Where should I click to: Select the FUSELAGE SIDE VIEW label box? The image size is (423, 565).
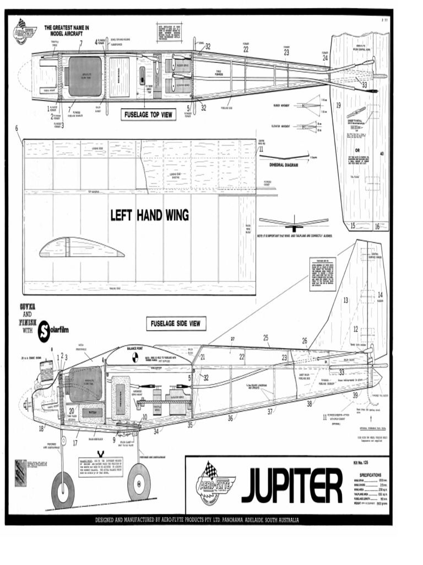point(175,324)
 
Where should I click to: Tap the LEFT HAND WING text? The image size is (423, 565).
point(149,215)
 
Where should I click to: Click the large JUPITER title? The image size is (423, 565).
point(291,486)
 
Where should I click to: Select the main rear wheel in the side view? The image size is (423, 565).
point(139,481)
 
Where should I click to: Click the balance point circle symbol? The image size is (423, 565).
point(134,359)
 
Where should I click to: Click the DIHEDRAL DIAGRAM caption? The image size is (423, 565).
point(286,164)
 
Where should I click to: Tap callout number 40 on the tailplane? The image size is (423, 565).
point(382,153)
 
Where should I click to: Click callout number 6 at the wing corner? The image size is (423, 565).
point(17,128)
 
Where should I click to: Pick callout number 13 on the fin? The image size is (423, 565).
point(346,301)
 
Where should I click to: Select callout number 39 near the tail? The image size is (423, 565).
point(355,395)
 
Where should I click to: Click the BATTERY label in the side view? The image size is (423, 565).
point(89,412)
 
